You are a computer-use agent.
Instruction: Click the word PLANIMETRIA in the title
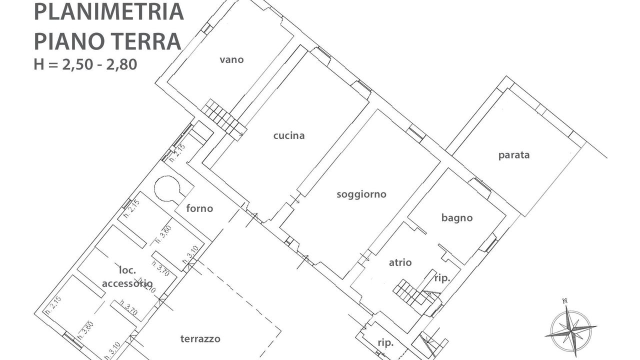point(108,11)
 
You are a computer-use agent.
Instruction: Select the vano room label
point(231,59)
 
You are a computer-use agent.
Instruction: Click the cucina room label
point(289,135)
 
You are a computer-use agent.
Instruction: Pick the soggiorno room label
point(361,194)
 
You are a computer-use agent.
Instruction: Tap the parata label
point(513,154)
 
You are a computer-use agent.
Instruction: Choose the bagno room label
point(457,217)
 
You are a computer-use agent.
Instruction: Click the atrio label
point(400,262)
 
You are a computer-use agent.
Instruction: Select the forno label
point(199,208)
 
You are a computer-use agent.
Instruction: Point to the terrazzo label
point(200,339)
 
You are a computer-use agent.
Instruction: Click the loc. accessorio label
point(127,276)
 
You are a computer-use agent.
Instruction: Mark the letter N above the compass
point(564,300)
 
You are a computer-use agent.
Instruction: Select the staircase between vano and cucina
point(223,118)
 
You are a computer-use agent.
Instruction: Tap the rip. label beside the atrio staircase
point(442,278)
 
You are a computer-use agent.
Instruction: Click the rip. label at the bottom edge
point(385,343)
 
